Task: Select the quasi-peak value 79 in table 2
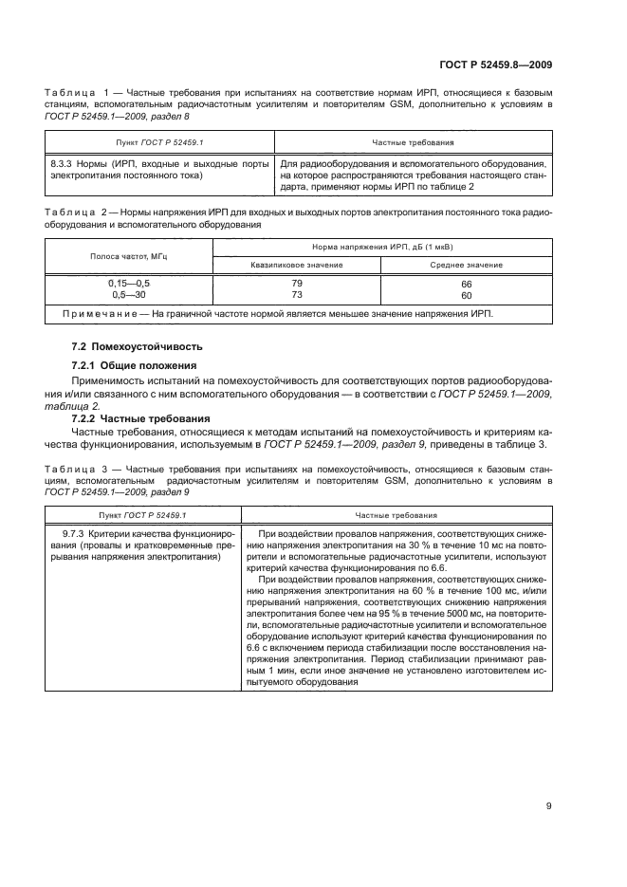coord(297,284)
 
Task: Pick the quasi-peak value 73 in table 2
coord(297,295)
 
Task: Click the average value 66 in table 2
coord(466,284)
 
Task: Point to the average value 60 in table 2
coord(466,295)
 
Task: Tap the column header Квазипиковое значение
coord(297,265)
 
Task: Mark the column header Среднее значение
coord(466,265)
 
